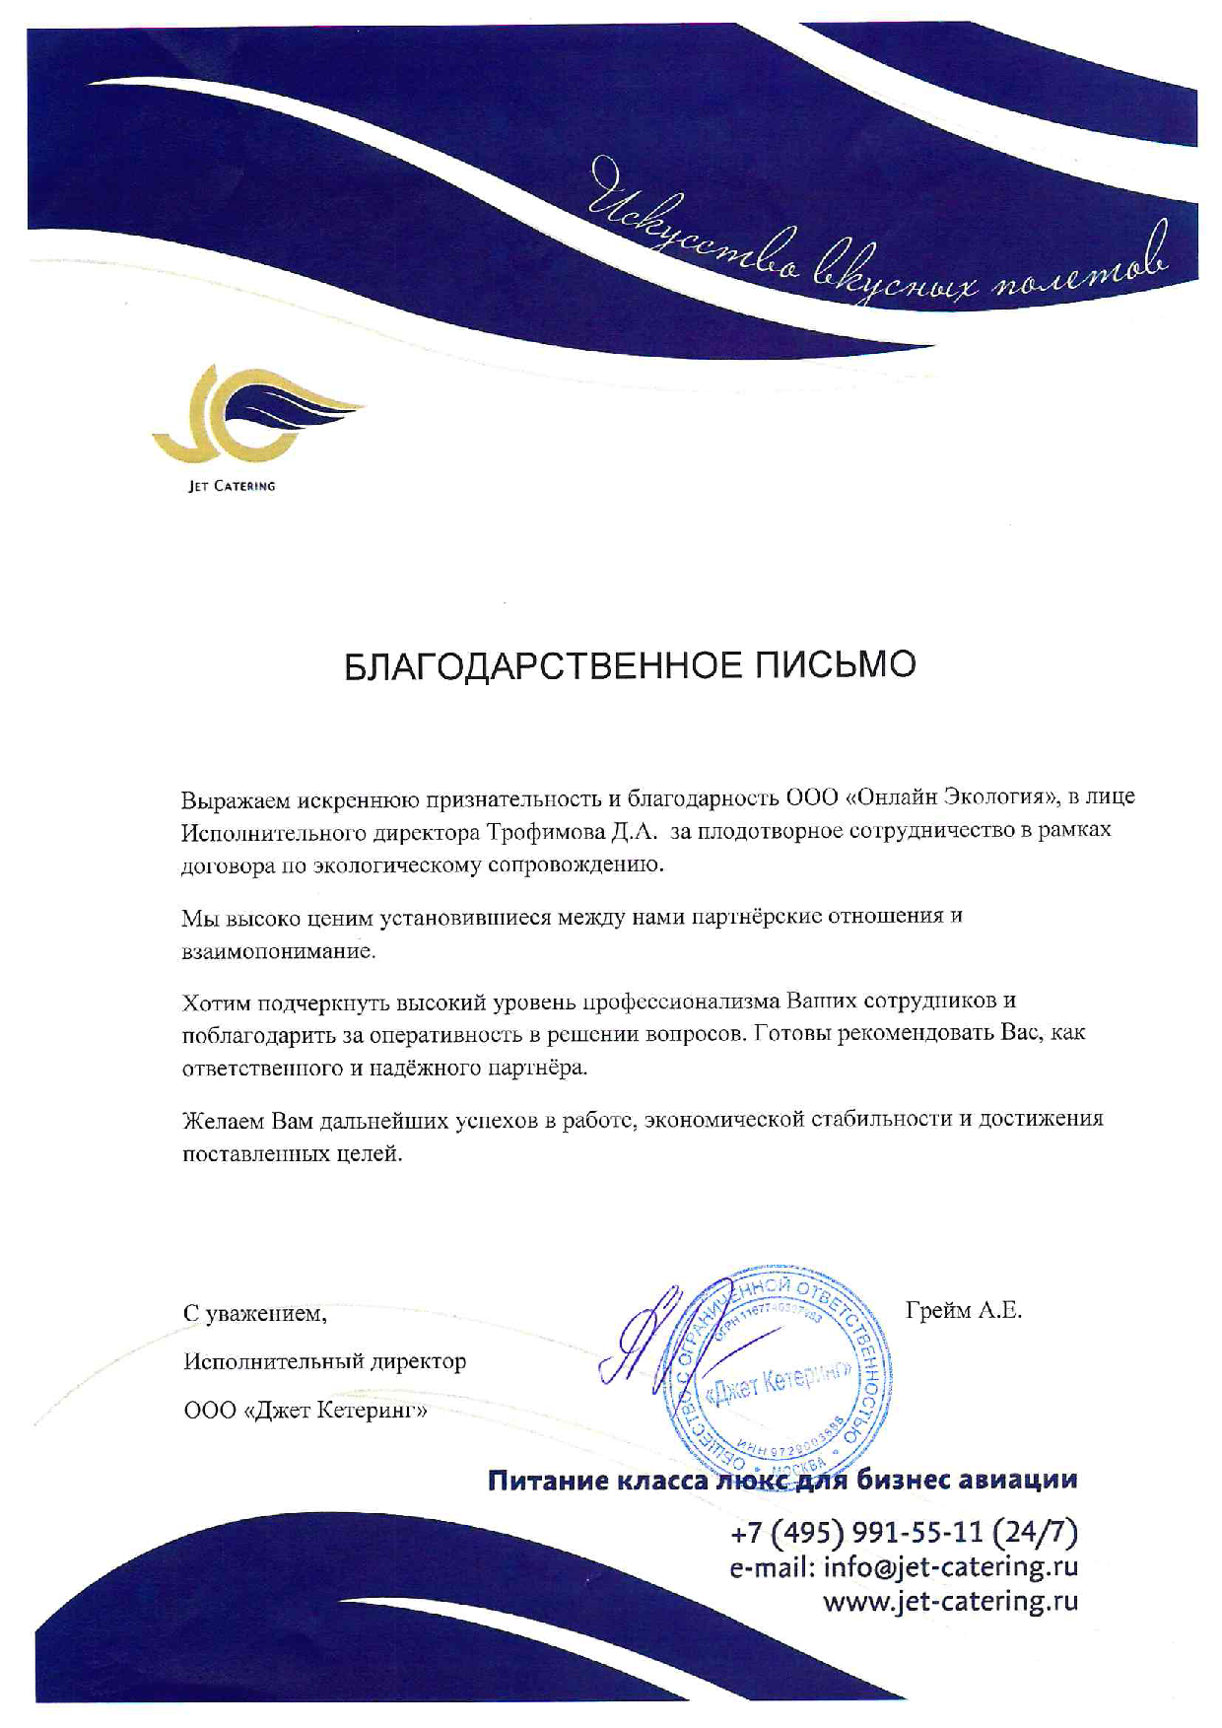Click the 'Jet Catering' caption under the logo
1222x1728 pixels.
[232, 486]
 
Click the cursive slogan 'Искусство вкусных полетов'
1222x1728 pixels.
[877, 237]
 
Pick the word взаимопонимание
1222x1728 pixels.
[279, 952]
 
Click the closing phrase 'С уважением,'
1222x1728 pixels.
[254, 1313]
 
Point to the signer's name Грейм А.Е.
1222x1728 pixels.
[963, 1310]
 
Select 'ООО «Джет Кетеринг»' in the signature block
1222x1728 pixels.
[306, 1411]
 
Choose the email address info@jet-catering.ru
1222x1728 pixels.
[950, 1566]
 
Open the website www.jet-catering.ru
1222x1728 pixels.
[950, 1600]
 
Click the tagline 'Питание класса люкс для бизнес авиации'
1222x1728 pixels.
[782, 1480]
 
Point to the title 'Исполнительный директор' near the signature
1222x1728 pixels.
[324, 1362]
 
